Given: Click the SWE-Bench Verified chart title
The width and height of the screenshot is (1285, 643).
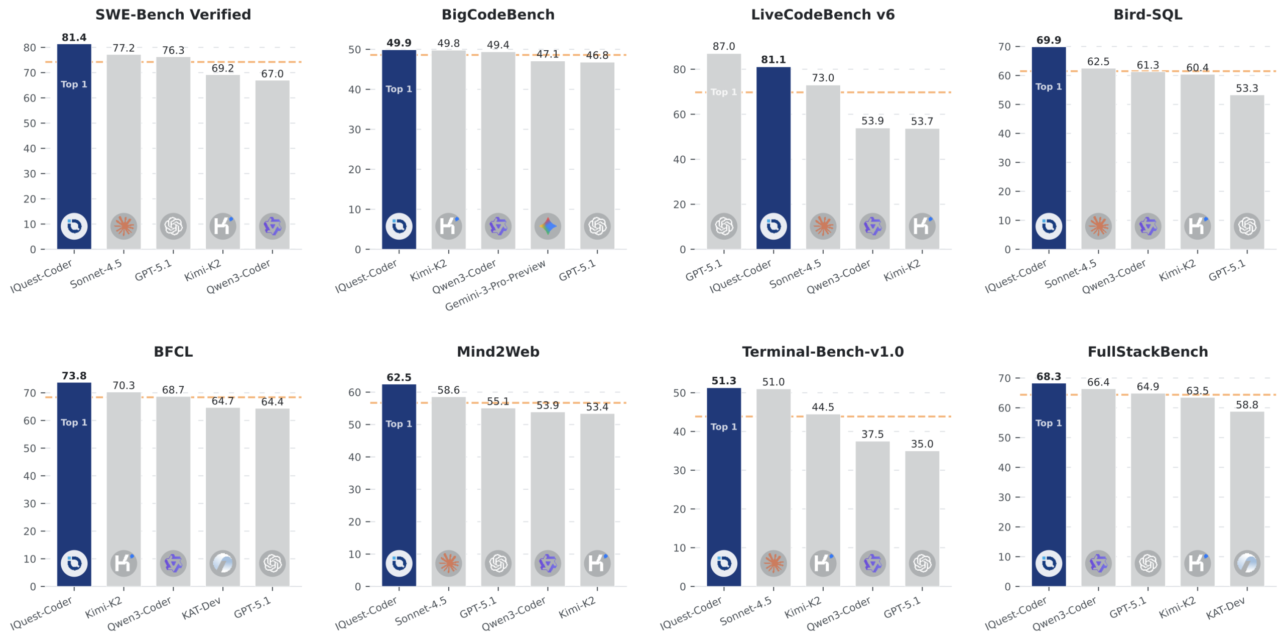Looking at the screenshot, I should pos(173,15).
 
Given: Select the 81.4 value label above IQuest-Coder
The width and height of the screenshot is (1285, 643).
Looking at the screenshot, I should pos(74,37).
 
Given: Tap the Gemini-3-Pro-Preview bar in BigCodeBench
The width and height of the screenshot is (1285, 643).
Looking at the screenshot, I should pos(547,151).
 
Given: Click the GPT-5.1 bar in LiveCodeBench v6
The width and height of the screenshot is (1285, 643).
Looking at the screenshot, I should pos(723,151).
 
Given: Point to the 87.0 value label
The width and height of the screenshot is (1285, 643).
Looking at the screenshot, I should pos(723,46).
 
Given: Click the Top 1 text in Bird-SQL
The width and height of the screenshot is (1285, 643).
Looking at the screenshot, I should pos(1048,86).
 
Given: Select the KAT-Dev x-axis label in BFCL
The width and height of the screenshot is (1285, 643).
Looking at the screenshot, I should pos(202,609).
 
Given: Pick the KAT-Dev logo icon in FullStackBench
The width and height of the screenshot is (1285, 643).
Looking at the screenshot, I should pos(1246,563).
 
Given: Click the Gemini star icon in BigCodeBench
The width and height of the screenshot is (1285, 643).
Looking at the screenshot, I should pos(547,226).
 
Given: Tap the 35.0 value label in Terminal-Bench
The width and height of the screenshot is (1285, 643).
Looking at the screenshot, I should pos(922,444).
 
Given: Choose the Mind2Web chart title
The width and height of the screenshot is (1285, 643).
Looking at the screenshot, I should pos(497,352).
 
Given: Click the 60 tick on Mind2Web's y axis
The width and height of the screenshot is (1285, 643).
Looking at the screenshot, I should pos(354,392).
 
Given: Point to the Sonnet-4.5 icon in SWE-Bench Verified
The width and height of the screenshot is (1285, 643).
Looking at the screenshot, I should pos(123,226).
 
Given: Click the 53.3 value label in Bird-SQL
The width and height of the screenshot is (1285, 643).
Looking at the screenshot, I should pos(1246,88).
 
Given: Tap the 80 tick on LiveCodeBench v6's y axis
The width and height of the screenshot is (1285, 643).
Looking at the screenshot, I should pos(679,69).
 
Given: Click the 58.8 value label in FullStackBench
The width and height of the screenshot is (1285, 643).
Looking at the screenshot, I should pos(1246,405).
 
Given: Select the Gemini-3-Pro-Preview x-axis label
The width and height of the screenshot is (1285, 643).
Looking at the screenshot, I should pos(495,285).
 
